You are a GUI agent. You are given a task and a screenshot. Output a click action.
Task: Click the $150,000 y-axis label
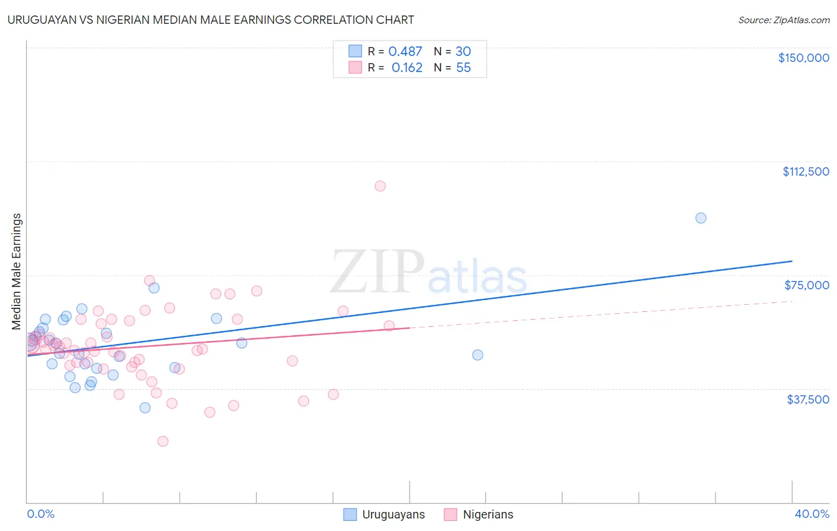point(803,58)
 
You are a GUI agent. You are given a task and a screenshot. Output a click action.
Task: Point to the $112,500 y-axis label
point(805,171)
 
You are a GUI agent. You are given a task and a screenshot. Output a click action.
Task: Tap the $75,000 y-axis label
point(806,285)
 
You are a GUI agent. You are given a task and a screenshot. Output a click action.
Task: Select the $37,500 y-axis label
point(807,399)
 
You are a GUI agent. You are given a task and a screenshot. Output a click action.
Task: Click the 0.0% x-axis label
point(40,514)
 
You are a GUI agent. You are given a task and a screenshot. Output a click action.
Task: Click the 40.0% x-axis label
point(811,514)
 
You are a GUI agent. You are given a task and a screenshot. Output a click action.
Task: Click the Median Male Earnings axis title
point(17,271)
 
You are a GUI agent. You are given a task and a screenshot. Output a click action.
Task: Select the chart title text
point(211,20)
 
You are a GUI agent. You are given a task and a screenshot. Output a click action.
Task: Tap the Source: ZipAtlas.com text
point(783,20)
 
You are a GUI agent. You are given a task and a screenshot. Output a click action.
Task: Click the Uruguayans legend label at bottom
point(393,514)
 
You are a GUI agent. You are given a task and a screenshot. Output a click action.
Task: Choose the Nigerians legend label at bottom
point(488,514)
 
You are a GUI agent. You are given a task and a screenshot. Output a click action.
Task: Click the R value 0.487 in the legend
point(405,52)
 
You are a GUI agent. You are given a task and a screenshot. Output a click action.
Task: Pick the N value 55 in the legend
point(463,68)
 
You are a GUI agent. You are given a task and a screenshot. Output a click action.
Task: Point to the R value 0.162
point(407,68)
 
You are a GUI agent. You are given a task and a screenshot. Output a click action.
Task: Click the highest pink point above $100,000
point(380,186)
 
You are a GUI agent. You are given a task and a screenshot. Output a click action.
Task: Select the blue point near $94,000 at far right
point(701,218)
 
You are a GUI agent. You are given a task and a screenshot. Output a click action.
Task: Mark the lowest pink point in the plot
point(163,441)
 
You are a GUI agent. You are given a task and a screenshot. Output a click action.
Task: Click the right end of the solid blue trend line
point(792,261)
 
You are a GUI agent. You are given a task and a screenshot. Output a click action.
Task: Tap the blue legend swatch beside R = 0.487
point(355,51)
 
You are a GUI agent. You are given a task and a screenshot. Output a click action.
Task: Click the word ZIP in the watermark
point(377,272)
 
